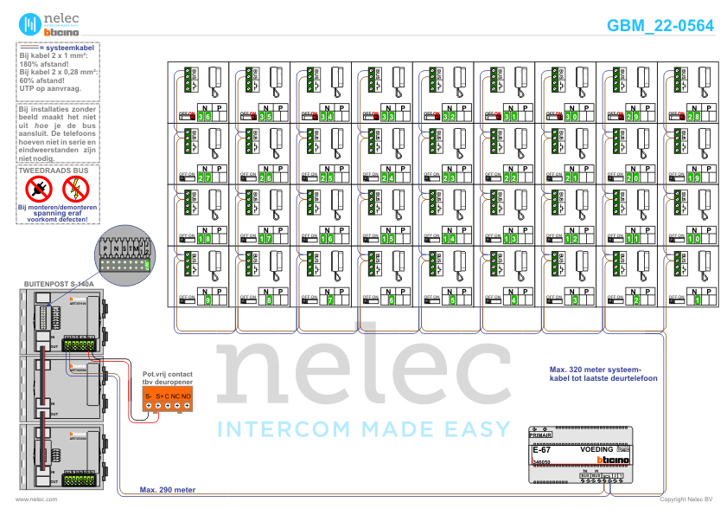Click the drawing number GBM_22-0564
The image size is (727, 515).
(x=660, y=26)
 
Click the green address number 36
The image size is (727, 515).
(x=204, y=116)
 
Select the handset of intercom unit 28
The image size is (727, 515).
(x=705, y=82)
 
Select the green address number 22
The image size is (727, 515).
(x=511, y=177)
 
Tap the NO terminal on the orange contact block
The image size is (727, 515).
(x=186, y=396)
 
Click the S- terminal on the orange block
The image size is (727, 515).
(x=148, y=396)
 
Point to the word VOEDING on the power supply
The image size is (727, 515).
(x=596, y=450)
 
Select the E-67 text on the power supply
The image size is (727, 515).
(x=541, y=450)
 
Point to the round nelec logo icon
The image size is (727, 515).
(x=30, y=24)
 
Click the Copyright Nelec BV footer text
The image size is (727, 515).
(x=686, y=499)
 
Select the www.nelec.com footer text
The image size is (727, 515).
(x=36, y=499)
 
